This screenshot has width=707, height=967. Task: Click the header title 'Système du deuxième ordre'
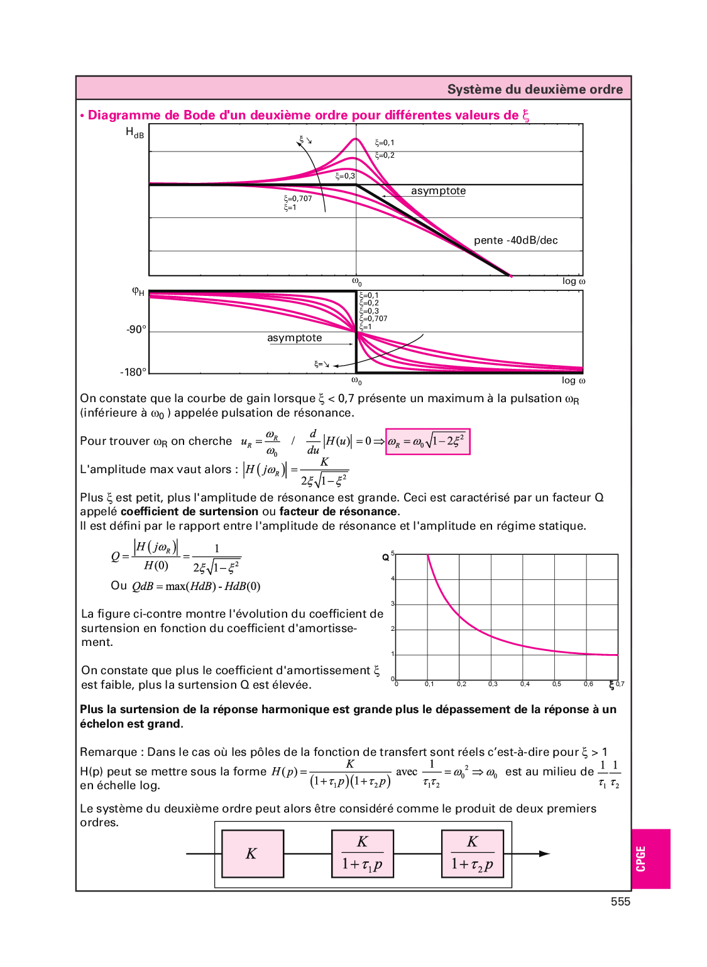pos(535,89)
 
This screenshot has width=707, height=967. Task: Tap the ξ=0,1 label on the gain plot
pos(385,143)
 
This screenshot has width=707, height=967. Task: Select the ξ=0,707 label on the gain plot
pos(298,199)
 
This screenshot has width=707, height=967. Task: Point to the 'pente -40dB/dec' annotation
pos(515,240)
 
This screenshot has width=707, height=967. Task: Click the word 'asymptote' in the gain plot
pos(438,191)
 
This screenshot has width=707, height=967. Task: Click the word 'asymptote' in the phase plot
pos(294,338)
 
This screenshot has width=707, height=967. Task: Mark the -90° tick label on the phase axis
pos(136,329)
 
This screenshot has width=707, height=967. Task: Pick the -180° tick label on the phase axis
pos(133,372)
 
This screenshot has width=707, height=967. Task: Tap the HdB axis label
pos(134,133)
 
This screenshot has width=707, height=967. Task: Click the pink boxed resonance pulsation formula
pos(427,442)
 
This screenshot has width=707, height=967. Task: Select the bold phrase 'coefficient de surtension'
pos(189,511)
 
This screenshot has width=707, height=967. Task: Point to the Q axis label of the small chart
pos(385,557)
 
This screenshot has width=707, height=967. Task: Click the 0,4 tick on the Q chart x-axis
pos(525,684)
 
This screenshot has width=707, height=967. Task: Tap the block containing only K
pos(253,853)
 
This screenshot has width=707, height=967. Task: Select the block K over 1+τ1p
pos(363,853)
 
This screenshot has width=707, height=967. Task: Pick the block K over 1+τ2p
pos(473,853)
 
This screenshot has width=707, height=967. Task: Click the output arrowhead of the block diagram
pos(544,853)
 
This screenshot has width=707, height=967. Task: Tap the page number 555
pos(620,902)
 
